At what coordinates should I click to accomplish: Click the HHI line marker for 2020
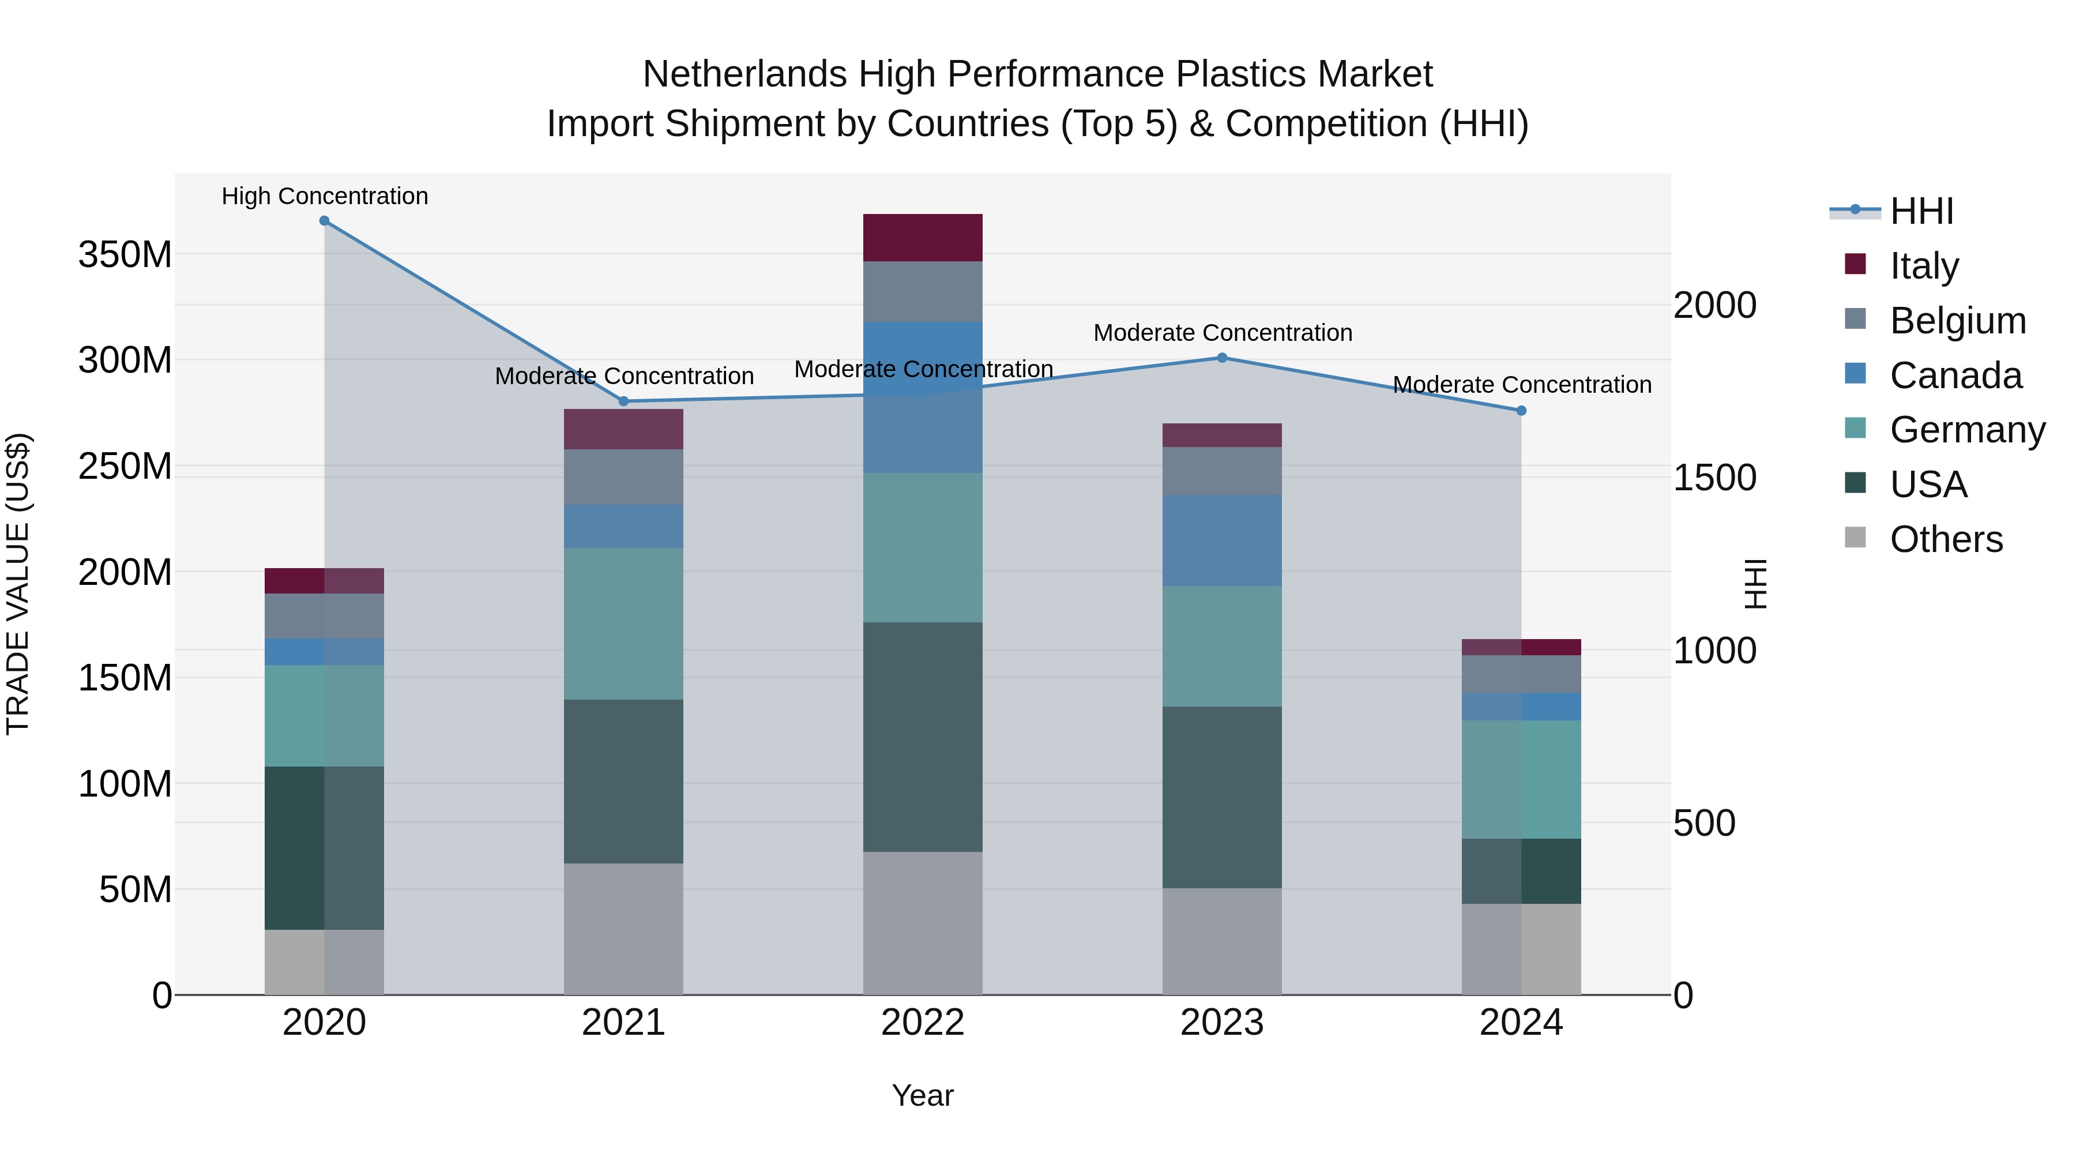[324, 221]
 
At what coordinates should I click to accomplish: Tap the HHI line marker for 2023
[1222, 358]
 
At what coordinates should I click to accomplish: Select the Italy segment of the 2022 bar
[923, 238]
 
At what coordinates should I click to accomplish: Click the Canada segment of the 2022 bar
[923, 397]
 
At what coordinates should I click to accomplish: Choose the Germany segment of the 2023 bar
[1222, 647]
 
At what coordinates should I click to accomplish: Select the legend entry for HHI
[1921, 211]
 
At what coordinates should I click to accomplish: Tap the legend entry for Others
[1946, 539]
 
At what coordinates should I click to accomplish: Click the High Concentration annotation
[325, 196]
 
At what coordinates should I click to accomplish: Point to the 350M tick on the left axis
[125, 255]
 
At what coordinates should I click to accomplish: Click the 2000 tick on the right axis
[1714, 306]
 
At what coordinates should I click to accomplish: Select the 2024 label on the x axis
[1521, 1023]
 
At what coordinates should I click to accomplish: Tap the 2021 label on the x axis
[623, 1023]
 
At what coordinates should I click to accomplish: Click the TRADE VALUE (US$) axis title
[18, 584]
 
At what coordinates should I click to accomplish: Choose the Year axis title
[923, 1095]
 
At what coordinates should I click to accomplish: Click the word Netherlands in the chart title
[744, 74]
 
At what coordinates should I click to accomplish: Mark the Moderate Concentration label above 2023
[1223, 333]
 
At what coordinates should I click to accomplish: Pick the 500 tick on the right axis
[1703, 823]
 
